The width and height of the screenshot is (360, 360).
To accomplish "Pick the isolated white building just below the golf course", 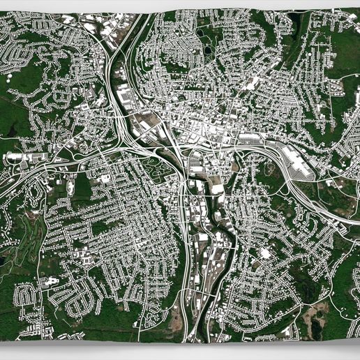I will pos(49,283).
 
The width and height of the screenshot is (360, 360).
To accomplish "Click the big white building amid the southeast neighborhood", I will pos(265,253).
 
